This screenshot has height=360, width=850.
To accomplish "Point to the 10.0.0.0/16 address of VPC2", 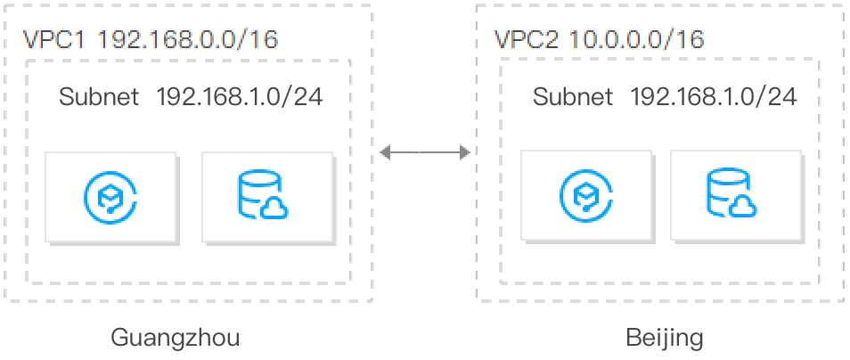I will pos(636,39).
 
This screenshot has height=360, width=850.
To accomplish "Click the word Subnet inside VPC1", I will pos(99,96).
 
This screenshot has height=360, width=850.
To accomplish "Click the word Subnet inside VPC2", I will pos(573,96).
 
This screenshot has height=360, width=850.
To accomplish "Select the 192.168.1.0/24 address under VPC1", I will pos(239,96).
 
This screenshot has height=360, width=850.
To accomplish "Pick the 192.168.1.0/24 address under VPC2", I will pos(713,96).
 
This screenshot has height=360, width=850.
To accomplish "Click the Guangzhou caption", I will pos(175,338).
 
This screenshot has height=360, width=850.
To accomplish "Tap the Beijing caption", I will pos(665,338).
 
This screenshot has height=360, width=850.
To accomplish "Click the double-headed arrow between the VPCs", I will pos(425,153).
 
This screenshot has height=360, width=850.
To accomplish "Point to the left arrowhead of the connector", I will pos(385,153).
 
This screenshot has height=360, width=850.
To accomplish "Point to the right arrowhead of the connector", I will pos(464,153).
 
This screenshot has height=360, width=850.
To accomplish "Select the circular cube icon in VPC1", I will pos(110,195).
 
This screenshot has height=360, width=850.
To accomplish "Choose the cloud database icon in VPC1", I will pos(263,195).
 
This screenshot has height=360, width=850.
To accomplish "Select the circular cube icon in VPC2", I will pos(585,195).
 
